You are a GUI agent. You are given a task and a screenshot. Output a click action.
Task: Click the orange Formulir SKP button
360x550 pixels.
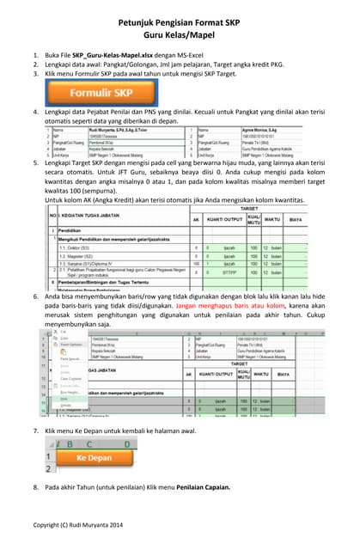click(x=93, y=90)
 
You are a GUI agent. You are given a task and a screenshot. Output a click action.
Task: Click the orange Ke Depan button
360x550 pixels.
click(x=94, y=458)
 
